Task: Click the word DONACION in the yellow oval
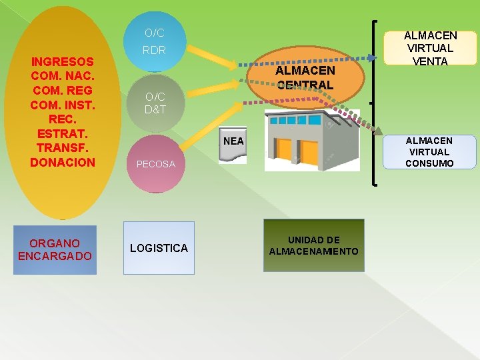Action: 63,162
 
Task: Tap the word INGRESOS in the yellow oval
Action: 63,61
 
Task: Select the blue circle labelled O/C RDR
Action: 155,41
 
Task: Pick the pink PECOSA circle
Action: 155,163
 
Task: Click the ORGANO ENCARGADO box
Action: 55,249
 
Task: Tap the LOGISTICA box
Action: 159,248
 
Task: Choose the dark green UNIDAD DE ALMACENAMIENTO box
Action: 313,245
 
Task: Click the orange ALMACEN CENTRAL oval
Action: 305,77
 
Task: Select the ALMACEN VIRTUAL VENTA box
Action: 430,48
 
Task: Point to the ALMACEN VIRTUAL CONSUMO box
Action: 429,152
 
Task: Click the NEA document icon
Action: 233,144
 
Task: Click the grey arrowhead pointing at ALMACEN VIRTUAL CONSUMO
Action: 379,131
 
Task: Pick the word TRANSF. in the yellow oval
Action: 63,147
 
